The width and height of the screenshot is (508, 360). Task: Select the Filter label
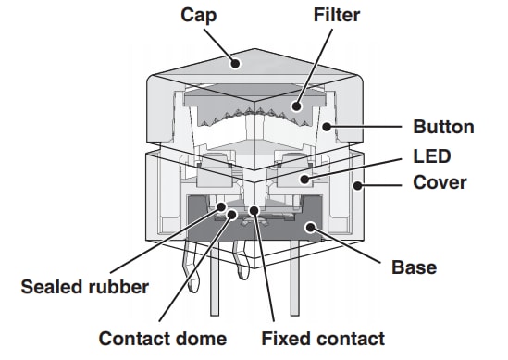[x=337, y=16]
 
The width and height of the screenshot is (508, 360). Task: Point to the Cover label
[x=439, y=183]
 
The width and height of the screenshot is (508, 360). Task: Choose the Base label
[x=415, y=268]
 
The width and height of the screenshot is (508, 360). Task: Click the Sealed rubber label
[x=85, y=287]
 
